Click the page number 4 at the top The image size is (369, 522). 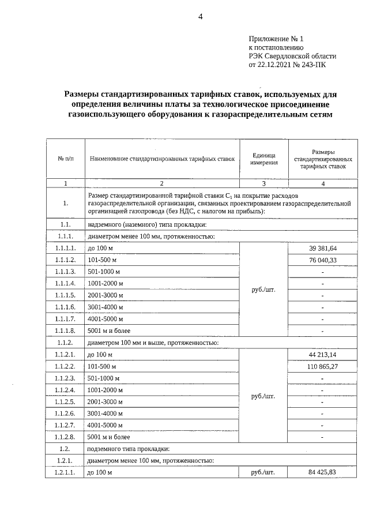200,16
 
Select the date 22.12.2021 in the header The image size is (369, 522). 273,66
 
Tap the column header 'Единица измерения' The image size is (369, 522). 264,159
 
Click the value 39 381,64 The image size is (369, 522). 322,248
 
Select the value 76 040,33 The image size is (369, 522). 322,260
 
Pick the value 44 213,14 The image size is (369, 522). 322,354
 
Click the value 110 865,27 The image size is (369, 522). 322,366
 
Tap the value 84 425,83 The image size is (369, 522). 322,472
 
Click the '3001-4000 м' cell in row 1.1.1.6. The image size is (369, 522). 105,307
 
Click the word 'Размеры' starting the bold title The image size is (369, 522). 84,93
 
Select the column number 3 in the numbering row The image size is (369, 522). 264,183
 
